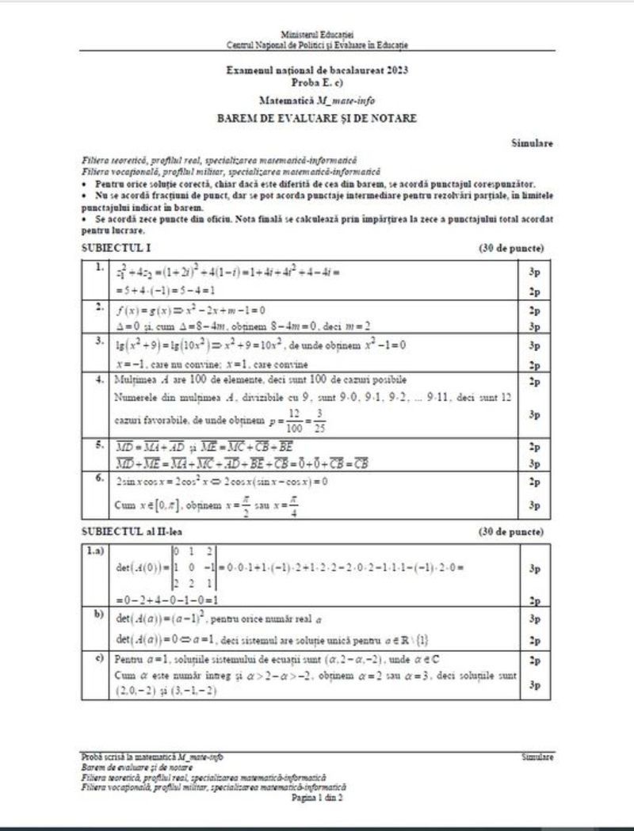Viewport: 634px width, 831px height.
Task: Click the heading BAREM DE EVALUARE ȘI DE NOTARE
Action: click(316, 119)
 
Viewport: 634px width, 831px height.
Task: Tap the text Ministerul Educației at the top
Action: click(317, 36)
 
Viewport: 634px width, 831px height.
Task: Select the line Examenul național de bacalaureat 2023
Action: click(317, 71)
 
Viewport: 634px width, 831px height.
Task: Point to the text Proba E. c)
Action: click(317, 82)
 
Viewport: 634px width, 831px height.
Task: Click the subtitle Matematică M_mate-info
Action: click(317, 101)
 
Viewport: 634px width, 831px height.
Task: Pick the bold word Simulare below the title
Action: click(533, 143)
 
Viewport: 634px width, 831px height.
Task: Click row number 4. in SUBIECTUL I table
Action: click(100, 379)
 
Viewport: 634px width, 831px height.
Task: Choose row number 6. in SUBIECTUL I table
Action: click(100, 478)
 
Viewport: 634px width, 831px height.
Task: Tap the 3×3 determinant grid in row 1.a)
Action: click(194, 566)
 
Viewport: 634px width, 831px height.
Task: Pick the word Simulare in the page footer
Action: click(537, 758)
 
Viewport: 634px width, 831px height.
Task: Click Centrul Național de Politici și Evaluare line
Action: click(317, 45)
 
